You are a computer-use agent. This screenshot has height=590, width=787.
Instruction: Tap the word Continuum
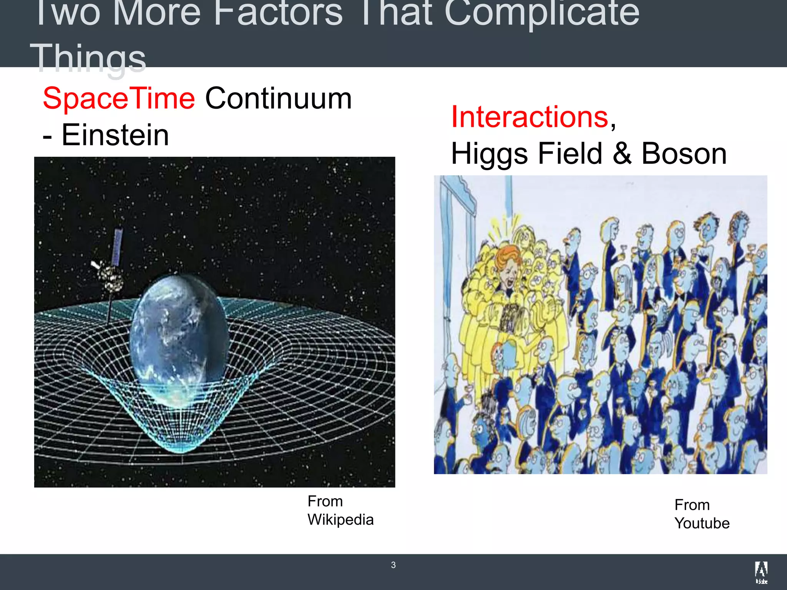[x=278, y=99]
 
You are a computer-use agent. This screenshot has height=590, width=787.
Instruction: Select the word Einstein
[x=115, y=135]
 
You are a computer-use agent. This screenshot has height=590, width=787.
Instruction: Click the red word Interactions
[x=530, y=117]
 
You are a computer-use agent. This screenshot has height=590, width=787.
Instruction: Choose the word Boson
[x=684, y=154]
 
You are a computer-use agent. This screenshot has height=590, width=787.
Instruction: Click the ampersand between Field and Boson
[x=622, y=154]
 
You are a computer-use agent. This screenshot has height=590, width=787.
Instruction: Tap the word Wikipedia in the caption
[x=340, y=520]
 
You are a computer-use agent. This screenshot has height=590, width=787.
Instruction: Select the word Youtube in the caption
[x=702, y=524]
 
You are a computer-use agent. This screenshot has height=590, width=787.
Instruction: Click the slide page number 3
[x=393, y=565]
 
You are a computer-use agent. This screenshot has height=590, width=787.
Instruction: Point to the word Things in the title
[x=88, y=58]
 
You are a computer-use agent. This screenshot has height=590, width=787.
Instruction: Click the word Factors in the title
[x=278, y=13]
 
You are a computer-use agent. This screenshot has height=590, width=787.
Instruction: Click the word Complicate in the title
[x=541, y=13]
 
